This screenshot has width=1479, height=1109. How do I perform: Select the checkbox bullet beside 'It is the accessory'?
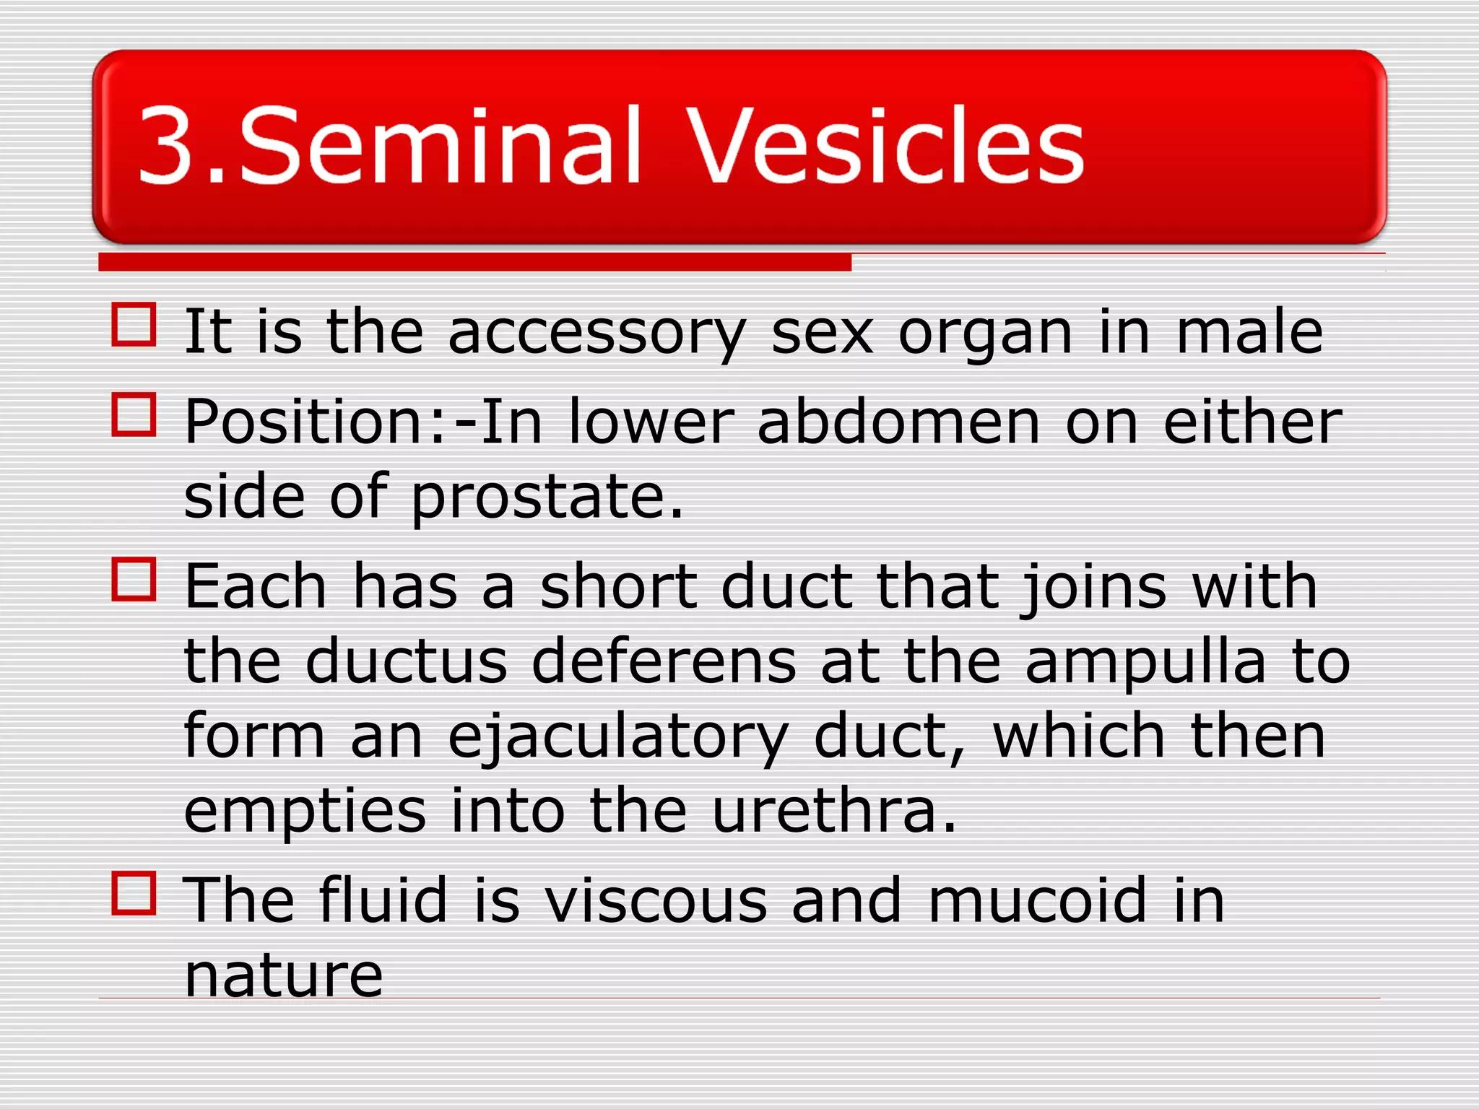tap(134, 325)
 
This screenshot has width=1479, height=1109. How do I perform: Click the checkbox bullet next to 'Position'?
tap(134, 415)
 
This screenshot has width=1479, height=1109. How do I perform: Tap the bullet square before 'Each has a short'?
tap(134, 579)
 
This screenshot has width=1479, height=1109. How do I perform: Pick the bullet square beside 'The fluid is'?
tap(134, 893)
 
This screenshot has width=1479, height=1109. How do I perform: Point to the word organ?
tap(985, 334)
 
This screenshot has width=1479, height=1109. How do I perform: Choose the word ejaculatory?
tap(617, 738)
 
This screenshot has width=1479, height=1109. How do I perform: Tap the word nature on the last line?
tap(283, 975)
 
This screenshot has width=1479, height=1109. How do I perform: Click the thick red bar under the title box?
tap(474, 262)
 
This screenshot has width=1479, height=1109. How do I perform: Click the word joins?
tap(1093, 588)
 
